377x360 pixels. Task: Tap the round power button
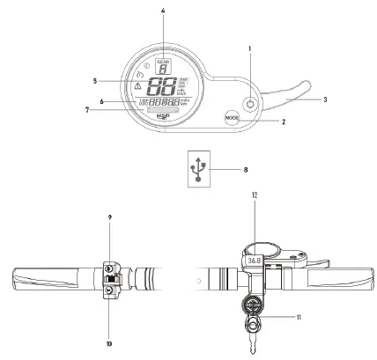click(x=252, y=103)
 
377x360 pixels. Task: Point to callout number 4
click(x=163, y=11)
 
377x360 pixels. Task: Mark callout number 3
click(x=327, y=101)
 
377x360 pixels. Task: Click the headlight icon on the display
click(x=144, y=64)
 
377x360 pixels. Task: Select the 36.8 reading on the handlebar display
click(x=254, y=261)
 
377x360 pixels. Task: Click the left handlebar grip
click(x=48, y=279)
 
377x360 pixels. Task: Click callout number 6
click(x=102, y=102)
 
